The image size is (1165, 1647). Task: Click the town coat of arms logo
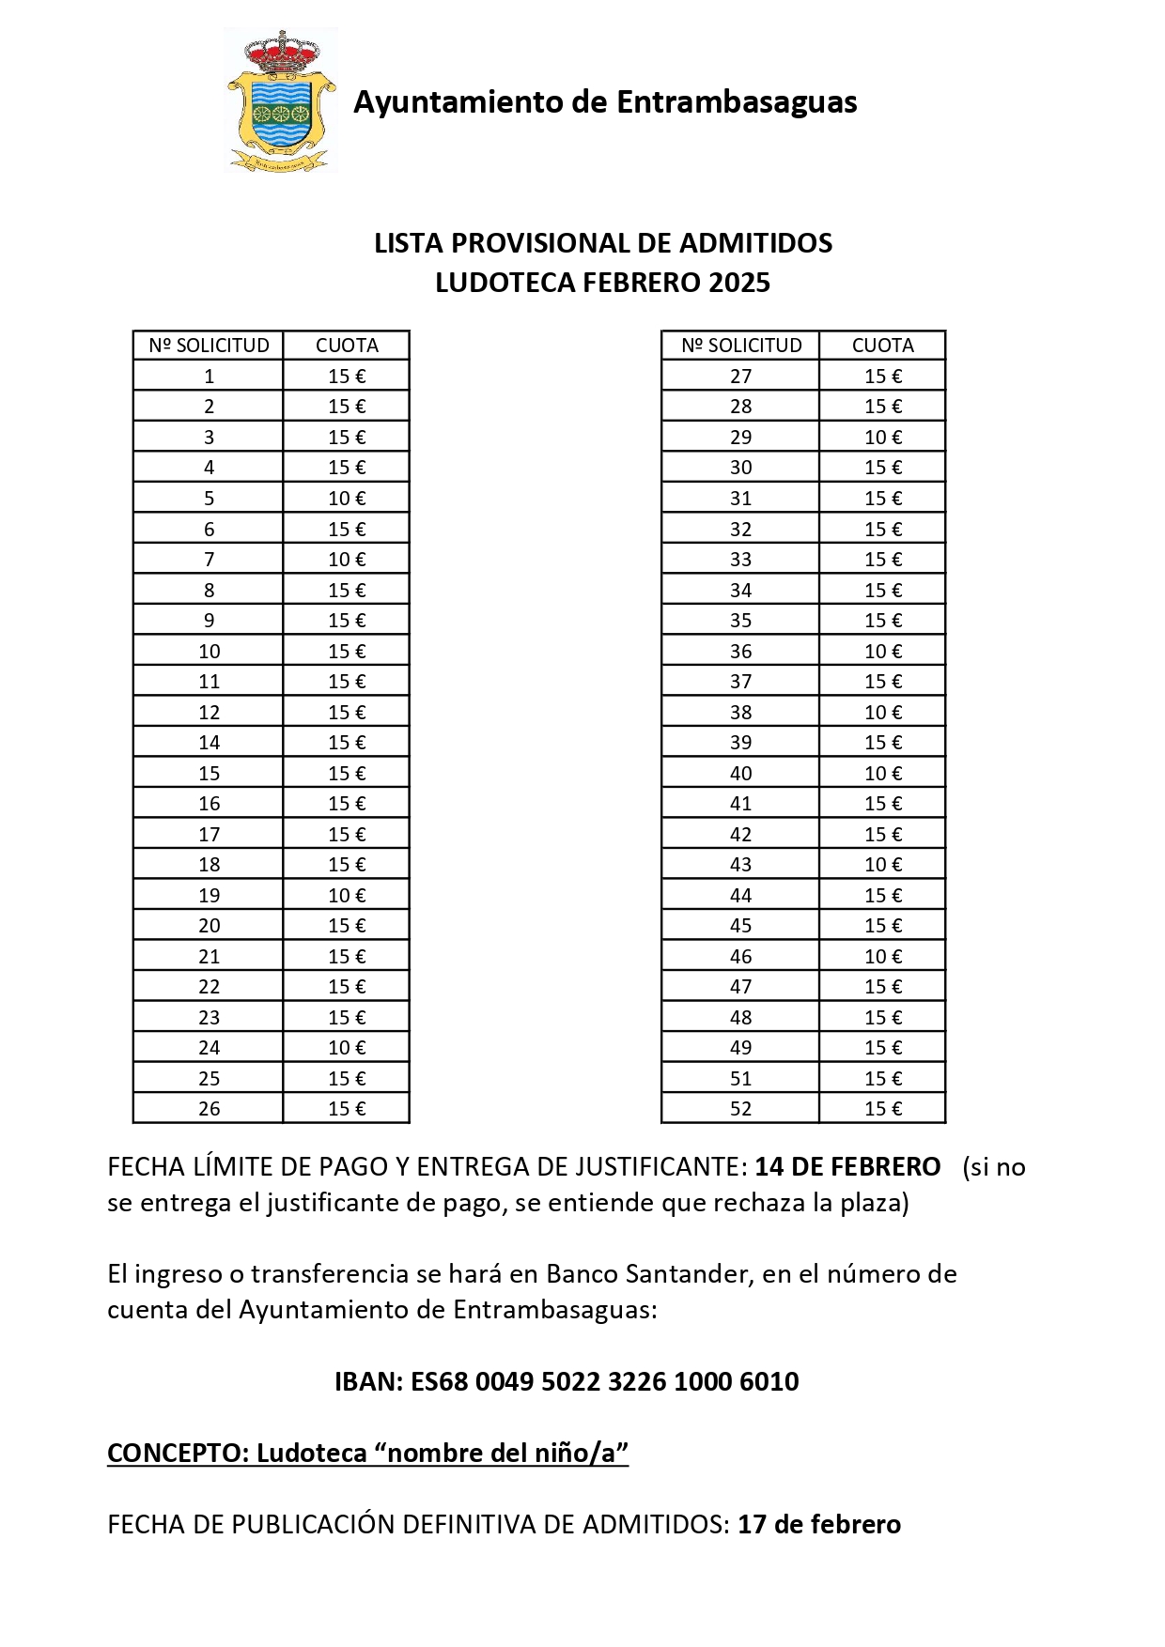tap(281, 100)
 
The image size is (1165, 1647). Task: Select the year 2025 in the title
tap(739, 283)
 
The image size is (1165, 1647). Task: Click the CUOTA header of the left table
tap(347, 346)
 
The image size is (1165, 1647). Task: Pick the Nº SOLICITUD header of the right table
tap(741, 346)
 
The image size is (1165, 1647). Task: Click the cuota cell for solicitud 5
tap(347, 499)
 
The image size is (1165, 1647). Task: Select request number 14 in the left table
tap(209, 743)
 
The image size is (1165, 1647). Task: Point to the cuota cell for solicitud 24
tap(347, 1048)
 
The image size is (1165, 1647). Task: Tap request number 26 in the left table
tap(209, 1109)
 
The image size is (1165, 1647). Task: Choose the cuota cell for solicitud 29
tap(882, 438)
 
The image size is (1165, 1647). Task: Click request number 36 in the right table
tap(740, 652)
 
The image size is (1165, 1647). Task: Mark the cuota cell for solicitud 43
tap(882, 865)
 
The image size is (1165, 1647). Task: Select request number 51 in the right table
tap(740, 1079)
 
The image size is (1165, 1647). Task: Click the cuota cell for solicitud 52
tap(882, 1109)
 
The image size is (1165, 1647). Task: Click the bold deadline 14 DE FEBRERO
tap(847, 1167)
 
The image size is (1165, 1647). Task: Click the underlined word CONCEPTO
tap(176, 1454)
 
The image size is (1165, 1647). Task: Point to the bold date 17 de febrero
tap(819, 1525)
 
